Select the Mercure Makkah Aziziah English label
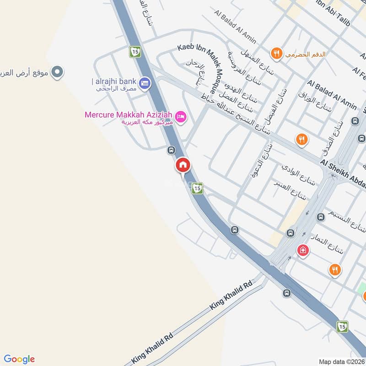pyautogui.click(x=129, y=114)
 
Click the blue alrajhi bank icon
pyautogui.click(x=145, y=83)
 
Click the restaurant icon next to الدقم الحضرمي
pyautogui.click(x=275, y=54)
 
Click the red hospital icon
pyautogui.click(x=302, y=250)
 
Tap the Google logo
pyautogui.click(x=20, y=359)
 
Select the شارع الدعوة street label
pyautogui.click(x=259, y=160)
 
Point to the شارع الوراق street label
pyautogui.click(x=315, y=102)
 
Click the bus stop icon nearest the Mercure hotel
pyautogui.click(x=171, y=150)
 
